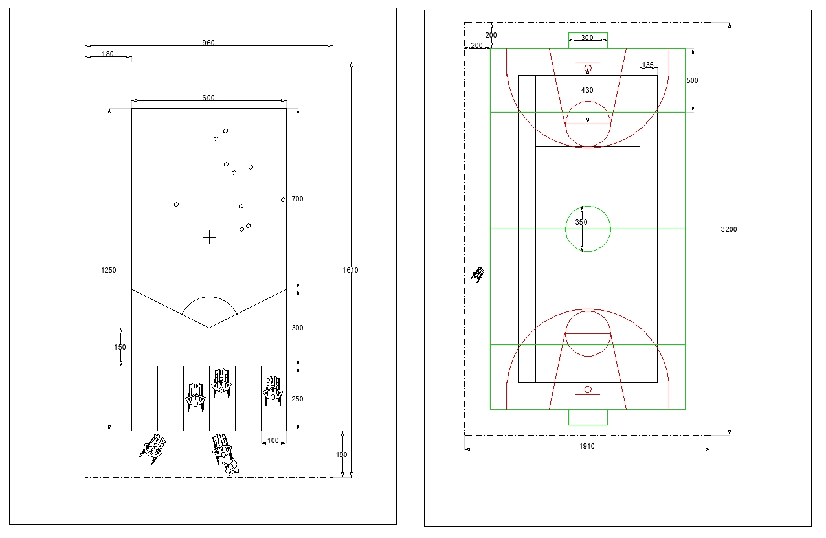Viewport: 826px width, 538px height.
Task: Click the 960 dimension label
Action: [x=208, y=43]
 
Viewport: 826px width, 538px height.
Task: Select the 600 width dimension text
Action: [x=208, y=98]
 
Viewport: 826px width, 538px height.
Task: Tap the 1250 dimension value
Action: [x=109, y=270]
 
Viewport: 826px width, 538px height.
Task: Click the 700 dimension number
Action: [x=297, y=199]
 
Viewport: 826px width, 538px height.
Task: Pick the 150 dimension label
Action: [x=120, y=347]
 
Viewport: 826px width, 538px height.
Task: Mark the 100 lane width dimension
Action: [x=273, y=441]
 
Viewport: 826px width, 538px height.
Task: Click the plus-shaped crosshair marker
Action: [x=209, y=238]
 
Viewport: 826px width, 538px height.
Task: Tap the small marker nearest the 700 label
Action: [x=283, y=199]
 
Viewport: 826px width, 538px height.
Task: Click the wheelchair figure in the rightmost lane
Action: [x=273, y=390]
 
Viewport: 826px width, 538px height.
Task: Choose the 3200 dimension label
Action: [x=729, y=229]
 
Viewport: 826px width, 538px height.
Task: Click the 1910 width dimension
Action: [x=587, y=446]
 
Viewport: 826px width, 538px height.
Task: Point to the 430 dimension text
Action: [x=587, y=90]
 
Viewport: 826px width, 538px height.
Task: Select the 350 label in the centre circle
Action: [x=581, y=222]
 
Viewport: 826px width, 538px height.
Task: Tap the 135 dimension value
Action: [x=648, y=65]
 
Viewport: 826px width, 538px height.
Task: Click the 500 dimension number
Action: [x=693, y=80]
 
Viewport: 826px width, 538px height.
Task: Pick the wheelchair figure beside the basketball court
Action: [x=478, y=275]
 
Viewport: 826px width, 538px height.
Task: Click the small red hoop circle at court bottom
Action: [x=588, y=389]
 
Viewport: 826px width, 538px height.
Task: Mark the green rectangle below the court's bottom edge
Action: [x=588, y=418]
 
